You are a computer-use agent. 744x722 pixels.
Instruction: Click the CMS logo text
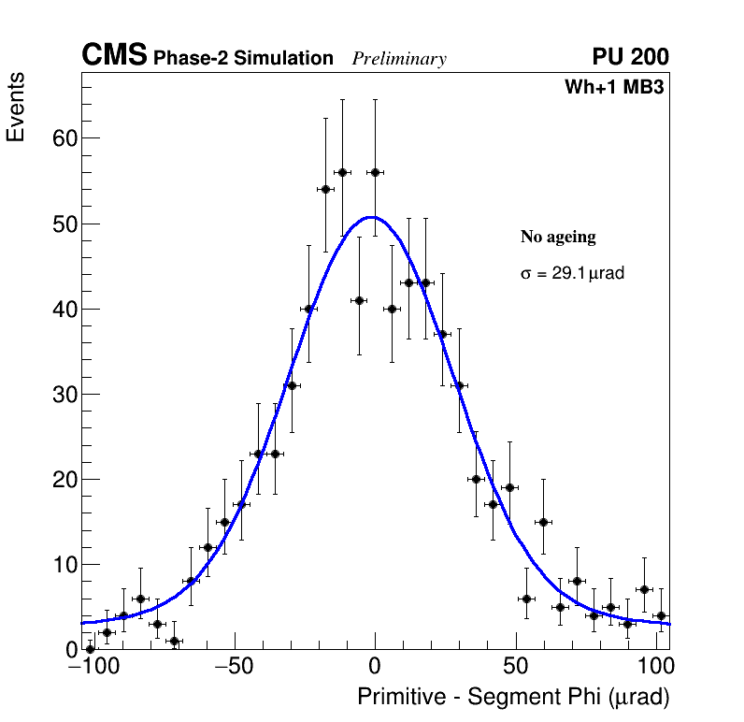pos(114,56)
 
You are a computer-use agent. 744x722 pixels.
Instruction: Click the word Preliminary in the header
pos(399,59)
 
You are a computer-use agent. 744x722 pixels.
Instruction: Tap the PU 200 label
pos(631,57)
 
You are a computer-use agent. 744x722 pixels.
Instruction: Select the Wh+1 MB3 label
pos(614,88)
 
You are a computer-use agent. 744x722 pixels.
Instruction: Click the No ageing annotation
pos(558,237)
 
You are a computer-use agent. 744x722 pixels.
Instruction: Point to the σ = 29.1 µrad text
pos(571,274)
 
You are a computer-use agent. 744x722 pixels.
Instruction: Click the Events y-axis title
pos(16,108)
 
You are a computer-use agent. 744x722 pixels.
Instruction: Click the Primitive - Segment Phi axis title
pos(513,698)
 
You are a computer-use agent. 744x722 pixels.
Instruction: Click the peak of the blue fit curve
pos(372,217)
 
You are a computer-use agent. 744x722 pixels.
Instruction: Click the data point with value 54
pos(325,189)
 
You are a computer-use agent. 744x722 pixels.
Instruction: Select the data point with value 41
pos(359,300)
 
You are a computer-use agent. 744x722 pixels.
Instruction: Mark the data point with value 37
pos(443,334)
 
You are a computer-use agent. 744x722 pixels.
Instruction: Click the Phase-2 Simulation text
pos(243,58)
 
